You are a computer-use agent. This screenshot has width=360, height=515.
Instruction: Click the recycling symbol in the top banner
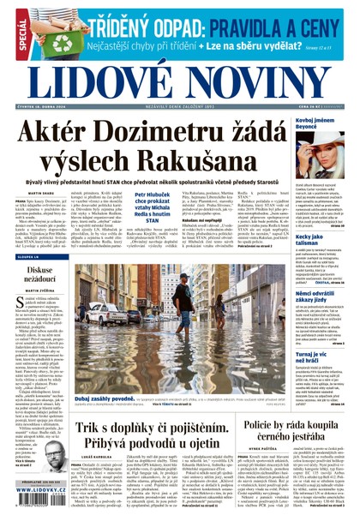click(x=61, y=41)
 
